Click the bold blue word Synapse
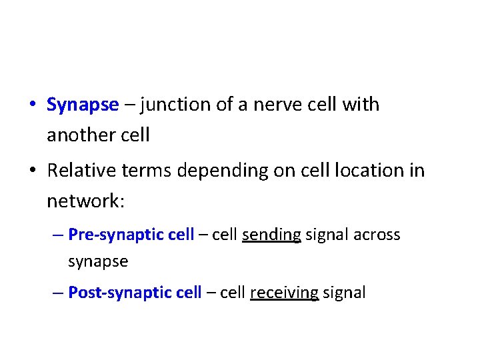pos(83,105)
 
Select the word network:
pos(85,201)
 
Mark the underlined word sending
pos(271,235)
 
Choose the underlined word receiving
pos(284,293)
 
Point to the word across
pos(377,235)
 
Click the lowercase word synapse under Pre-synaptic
pos(98,261)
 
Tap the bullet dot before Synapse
pos(32,105)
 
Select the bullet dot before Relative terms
pos(32,171)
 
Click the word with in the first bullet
pos(361,105)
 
